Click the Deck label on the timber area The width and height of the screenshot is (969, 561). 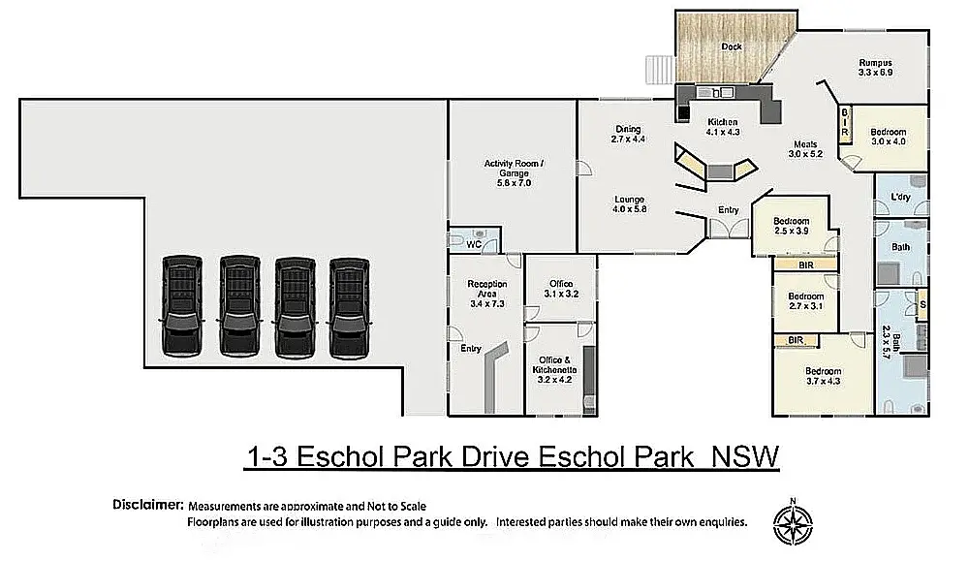click(731, 47)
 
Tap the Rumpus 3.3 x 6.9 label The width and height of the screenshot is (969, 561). click(876, 68)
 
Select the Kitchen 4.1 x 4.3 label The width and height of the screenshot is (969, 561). click(723, 127)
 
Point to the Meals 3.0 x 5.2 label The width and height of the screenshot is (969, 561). click(805, 149)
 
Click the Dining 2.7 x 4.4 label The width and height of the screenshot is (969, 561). click(628, 134)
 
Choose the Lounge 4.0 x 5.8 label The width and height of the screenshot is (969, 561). click(629, 204)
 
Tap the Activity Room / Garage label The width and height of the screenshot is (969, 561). click(514, 173)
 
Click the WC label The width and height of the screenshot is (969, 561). click(474, 245)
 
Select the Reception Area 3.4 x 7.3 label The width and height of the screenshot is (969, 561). click(487, 294)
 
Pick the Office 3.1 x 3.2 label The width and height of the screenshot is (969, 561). click(561, 289)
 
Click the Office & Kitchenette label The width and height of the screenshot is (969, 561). click(554, 369)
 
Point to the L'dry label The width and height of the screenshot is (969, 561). click(900, 197)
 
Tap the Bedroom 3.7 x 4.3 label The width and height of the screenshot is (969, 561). click(823, 376)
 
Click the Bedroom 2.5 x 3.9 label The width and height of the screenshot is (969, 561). click(791, 226)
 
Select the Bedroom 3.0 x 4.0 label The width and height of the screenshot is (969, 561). click(888, 137)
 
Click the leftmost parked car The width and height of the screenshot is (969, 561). click(182, 306)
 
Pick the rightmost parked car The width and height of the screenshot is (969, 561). click(349, 308)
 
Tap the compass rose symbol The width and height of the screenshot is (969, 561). click(793, 523)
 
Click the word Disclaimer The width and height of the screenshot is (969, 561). click(148, 505)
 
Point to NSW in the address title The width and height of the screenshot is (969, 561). click(745, 456)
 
